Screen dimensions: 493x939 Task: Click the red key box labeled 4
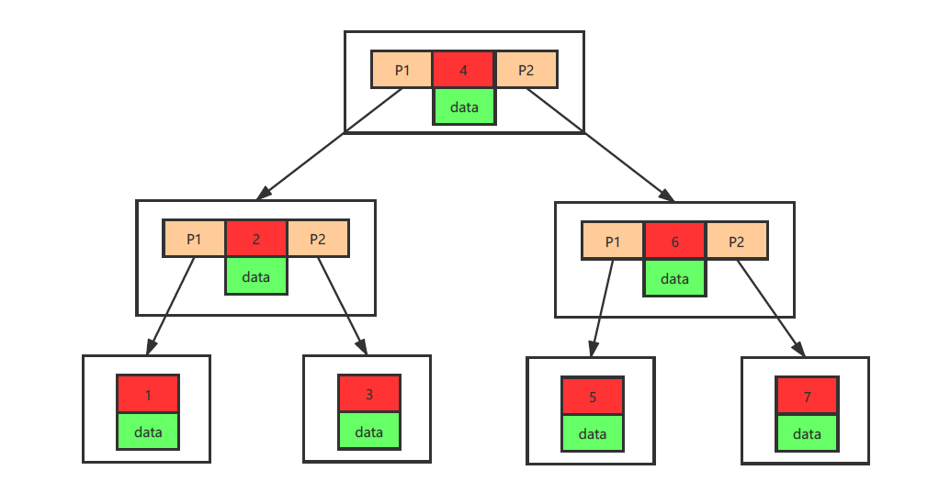click(x=463, y=70)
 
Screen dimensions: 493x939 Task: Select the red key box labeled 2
click(x=255, y=239)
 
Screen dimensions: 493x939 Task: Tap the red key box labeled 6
click(x=674, y=241)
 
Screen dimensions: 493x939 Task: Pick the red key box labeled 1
click(x=148, y=394)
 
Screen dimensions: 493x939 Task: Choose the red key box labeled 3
click(x=369, y=394)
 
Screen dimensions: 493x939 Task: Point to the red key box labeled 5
click(x=593, y=397)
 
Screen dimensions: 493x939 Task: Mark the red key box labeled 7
click(x=807, y=396)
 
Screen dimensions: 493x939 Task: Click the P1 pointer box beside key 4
click(x=402, y=70)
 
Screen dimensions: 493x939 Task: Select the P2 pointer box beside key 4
click(x=526, y=70)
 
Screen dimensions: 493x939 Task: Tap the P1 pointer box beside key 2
click(x=194, y=239)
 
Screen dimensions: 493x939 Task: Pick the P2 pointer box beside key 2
click(x=318, y=239)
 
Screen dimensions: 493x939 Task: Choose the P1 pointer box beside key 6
click(x=613, y=241)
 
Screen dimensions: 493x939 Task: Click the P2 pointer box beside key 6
click(x=737, y=241)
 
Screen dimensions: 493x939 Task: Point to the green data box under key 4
click(x=464, y=106)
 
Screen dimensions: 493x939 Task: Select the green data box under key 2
click(x=256, y=275)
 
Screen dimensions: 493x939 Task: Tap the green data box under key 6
click(x=675, y=278)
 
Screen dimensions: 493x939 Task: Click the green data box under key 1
click(x=148, y=431)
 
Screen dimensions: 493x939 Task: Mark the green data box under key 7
click(x=807, y=433)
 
